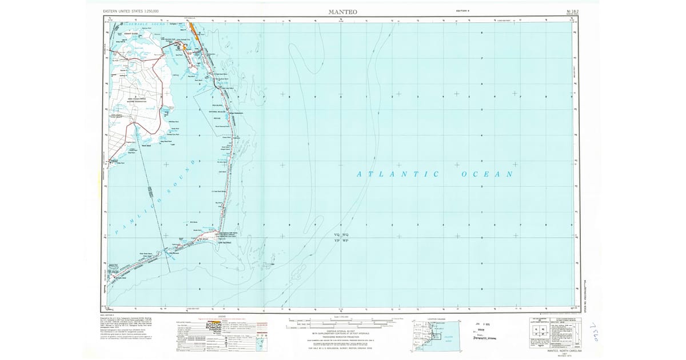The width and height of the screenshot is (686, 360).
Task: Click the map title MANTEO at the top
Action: [342, 11]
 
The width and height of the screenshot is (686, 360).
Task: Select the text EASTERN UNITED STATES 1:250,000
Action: [131, 11]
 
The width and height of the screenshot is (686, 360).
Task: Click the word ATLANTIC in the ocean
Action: [398, 174]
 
